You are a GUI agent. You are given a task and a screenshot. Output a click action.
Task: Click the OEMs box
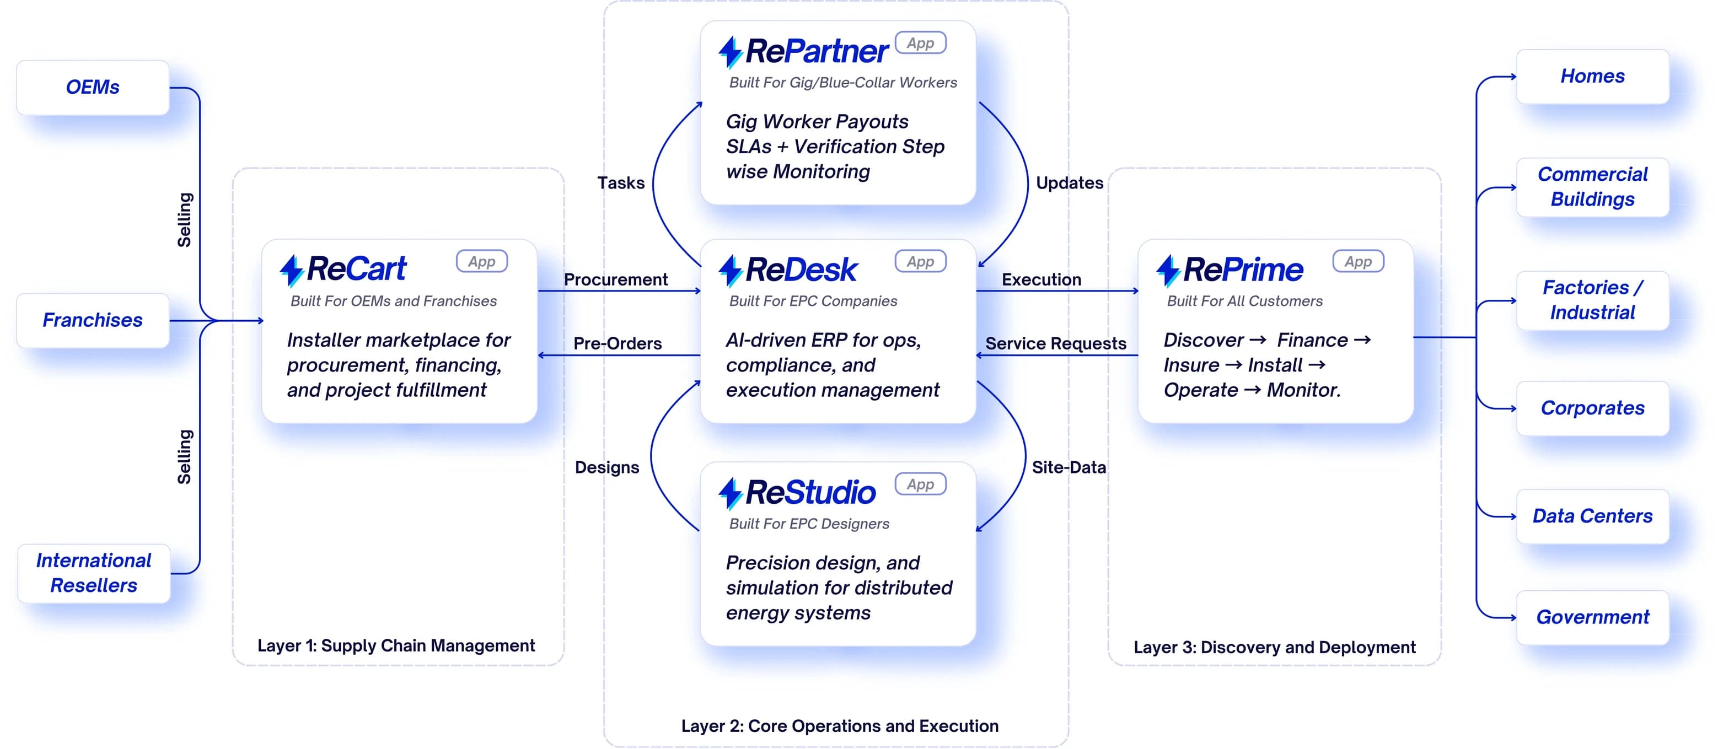point(93,88)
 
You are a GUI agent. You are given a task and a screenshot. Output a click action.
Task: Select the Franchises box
point(93,320)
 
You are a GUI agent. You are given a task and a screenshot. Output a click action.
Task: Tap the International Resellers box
point(93,573)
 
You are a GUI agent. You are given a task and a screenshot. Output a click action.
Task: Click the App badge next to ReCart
point(481,261)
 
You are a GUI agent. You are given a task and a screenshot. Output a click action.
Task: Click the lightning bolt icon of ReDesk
point(731,271)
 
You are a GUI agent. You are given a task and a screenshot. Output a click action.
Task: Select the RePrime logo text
point(1243,270)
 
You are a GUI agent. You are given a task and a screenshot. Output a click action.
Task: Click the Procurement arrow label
point(615,279)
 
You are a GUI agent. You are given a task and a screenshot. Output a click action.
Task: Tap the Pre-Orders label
point(618,343)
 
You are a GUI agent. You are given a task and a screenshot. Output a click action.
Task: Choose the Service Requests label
point(1056,343)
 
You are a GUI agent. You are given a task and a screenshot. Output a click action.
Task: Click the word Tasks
point(621,183)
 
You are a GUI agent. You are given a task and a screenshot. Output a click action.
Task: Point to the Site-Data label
point(1069,467)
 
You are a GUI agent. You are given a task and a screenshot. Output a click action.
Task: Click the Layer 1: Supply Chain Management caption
point(396,645)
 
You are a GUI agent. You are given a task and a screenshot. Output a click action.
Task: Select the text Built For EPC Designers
point(809,524)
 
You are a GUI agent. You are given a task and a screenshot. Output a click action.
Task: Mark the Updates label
point(1069,183)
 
